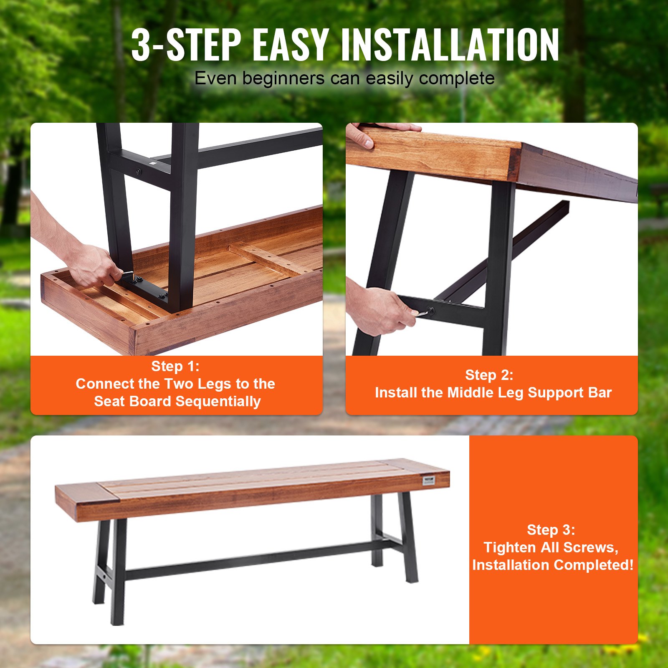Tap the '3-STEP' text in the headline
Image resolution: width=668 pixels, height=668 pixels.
[186, 45]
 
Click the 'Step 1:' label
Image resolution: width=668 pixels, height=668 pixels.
[175, 366]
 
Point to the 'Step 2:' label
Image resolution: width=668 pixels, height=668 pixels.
[489, 375]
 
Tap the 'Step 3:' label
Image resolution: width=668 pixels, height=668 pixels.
[551, 530]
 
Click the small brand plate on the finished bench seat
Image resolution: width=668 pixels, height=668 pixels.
[429, 481]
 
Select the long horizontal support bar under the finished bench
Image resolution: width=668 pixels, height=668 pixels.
[250, 559]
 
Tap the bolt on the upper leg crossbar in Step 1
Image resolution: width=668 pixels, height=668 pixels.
[138, 172]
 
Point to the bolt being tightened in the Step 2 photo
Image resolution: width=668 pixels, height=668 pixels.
[431, 311]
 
